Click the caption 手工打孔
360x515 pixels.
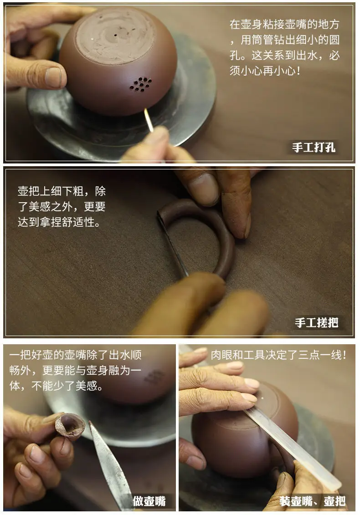(x=314, y=147)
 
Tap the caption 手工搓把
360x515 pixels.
(x=316, y=322)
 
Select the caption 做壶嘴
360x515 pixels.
(x=149, y=501)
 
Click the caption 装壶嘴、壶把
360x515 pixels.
(x=312, y=501)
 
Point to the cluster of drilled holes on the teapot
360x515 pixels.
(x=141, y=84)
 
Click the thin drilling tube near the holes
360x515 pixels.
(x=149, y=120)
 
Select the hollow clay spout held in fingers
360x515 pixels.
(x=70, y=426)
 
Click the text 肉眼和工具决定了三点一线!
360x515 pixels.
(x=278, y=355)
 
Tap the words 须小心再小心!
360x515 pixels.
(x=265, y=71)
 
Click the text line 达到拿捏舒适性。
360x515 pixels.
(x=59, y=222)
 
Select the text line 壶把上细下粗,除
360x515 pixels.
(x=62, y=191)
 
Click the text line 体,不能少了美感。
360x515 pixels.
(x=56, y=386)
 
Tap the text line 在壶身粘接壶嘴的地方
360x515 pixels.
(x=285, y=24)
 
